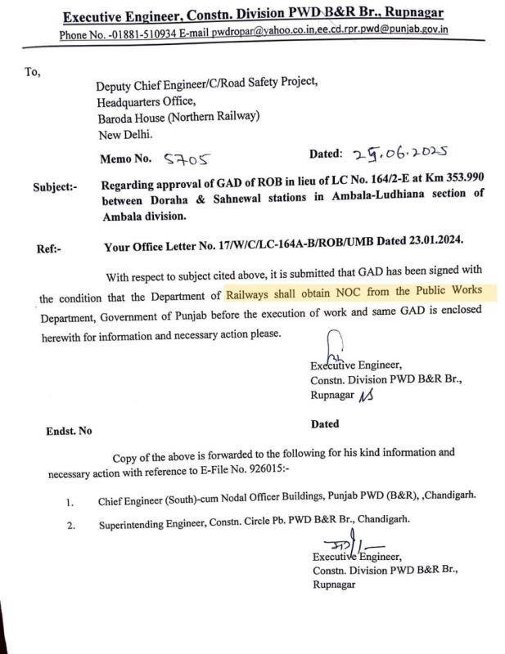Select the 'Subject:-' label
(56, 186)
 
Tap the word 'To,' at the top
(33, 72)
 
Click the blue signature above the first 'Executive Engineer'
(333, 347)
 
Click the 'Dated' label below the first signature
(325, 424)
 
